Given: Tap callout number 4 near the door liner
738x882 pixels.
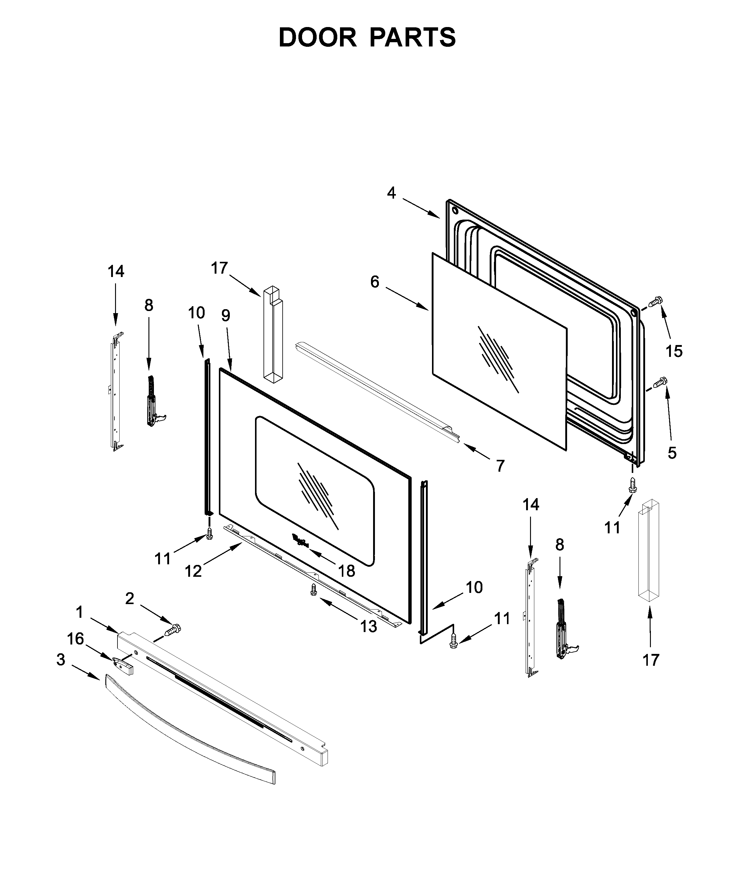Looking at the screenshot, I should [391, 193].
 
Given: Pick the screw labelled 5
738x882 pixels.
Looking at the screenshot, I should [661, 382].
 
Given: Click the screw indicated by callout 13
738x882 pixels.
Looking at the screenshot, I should [313, 590].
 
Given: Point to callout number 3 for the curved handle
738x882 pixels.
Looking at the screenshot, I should [61, 660].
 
